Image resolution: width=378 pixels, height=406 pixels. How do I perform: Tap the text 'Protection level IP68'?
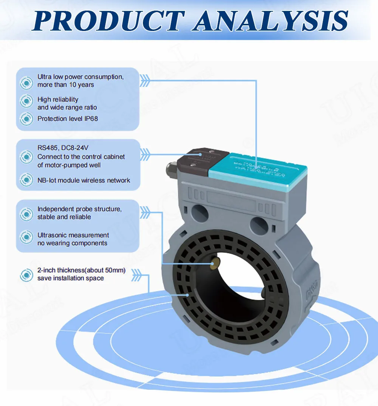pos(68,119)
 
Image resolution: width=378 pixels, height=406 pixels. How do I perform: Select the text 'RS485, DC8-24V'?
pos(63,148)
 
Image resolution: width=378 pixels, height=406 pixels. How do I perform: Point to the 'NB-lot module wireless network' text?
pos(84,181)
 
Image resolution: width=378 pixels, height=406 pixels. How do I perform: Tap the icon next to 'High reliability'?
pos(26,101)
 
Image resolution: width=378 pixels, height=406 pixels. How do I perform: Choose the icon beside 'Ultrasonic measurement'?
pos(26,237)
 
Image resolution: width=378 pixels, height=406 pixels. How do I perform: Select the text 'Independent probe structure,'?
pos(79,209)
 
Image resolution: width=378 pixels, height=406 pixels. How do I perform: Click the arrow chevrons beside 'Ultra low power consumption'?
pos(145,80)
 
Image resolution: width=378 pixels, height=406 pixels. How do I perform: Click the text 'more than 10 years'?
pos(65,85)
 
